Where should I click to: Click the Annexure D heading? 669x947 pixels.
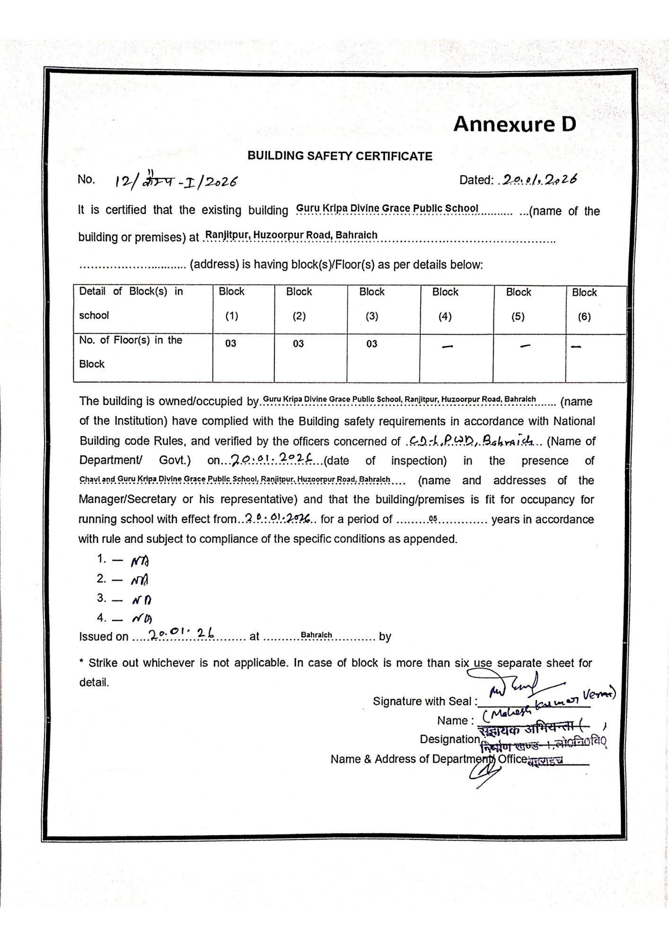pyautogui.click(x=514, y=125)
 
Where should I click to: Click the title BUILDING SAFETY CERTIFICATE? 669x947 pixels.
pyautogui.click(x=340, y=156)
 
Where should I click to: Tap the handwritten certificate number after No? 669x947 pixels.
pyautogui.click(x=176, y=181)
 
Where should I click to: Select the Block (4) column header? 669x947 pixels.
pyautogui.click(x=445, y=304)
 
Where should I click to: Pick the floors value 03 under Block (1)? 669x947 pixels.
pyautogui.click(x=231, y=344)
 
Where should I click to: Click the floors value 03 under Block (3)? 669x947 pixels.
pyautogui.click(x=372, y=344)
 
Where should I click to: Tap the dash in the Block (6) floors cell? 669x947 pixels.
pyautogui.click(x=576, y=347)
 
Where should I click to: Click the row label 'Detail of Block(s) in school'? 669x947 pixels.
pyautogui.click(x=131, y=304)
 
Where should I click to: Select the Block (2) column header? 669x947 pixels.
pyautogui.click(x=299, y=304)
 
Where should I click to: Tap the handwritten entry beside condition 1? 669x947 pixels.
pyautogui.click(x=140, y=561)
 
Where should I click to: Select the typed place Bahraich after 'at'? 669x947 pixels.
pyautogui.click(x=316, y=635)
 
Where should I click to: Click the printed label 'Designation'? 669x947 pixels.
pyautogui.click(x=449, y=739)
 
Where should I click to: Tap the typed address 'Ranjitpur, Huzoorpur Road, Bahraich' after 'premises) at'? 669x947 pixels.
pyautogui.click(x=291, y=235)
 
